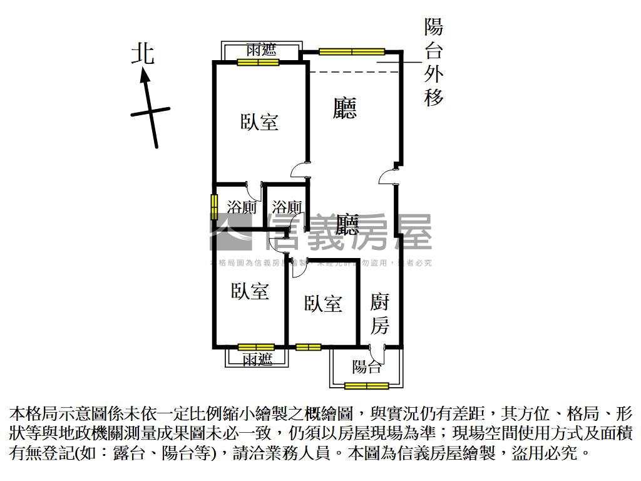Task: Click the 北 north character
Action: pyautogui.click(x=143, y=53)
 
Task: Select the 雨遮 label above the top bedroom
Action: pyautogui.click(x=260, y=49)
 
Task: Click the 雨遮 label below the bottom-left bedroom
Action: pyautogui.click(x=257, y=359)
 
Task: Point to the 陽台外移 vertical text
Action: pyautogui.click(x=434, y=62)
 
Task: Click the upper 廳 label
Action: pyautogui.click(x=345, y=108)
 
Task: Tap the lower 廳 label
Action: pyautogui.click(x=347, y=224)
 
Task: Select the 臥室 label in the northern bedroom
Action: pyautogui.click(x=259, y=122)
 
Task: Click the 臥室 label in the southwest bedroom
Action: pyautogui.click(x=250, y=291)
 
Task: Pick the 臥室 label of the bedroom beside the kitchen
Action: pyautogui.click(x=323, y=304)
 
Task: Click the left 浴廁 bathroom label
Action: pyautogui.click(x=241, y=207)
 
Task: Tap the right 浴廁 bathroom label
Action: pyautogui.click(x=287, y=207)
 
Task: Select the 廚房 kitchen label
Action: pyautogui.click(x=380, y=314)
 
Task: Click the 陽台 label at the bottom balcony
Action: pyautogui.click(x=366, y=367)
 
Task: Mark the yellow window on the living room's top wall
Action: pyautogui.click(x=351, y=52)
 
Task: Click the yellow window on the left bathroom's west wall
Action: pyautogui.click(x=213, y=207)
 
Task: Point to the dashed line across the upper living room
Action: pyautogui.click(x=354, y=72)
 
